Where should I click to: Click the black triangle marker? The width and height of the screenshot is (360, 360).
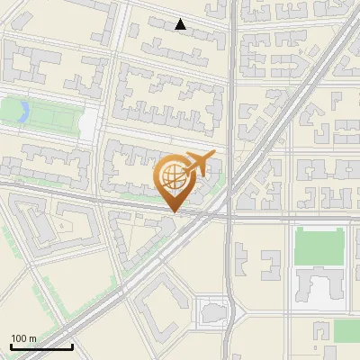click(x=181, y=24)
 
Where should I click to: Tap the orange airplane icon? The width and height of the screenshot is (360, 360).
click(x=198, y=165)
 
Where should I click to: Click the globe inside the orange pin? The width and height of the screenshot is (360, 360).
click(x=173, y=177)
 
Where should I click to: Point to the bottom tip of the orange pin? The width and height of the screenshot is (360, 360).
click(x=173, y=212)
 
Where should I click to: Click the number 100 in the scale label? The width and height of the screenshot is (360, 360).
click(x=19, y=339)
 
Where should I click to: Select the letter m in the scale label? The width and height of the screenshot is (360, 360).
click(x=32, y=339)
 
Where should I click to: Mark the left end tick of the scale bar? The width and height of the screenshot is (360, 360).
click(x=11, y=346)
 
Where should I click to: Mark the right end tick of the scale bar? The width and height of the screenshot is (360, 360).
click(x=72, y=346)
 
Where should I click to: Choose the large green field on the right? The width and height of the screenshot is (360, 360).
click(x=319, y=245)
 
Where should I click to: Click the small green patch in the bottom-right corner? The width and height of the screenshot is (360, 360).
click(x=346, y=331)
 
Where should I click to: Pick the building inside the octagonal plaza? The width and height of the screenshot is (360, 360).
click(x=212, y=311)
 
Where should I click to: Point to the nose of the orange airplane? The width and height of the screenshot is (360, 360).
click(x=213, y=156)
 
